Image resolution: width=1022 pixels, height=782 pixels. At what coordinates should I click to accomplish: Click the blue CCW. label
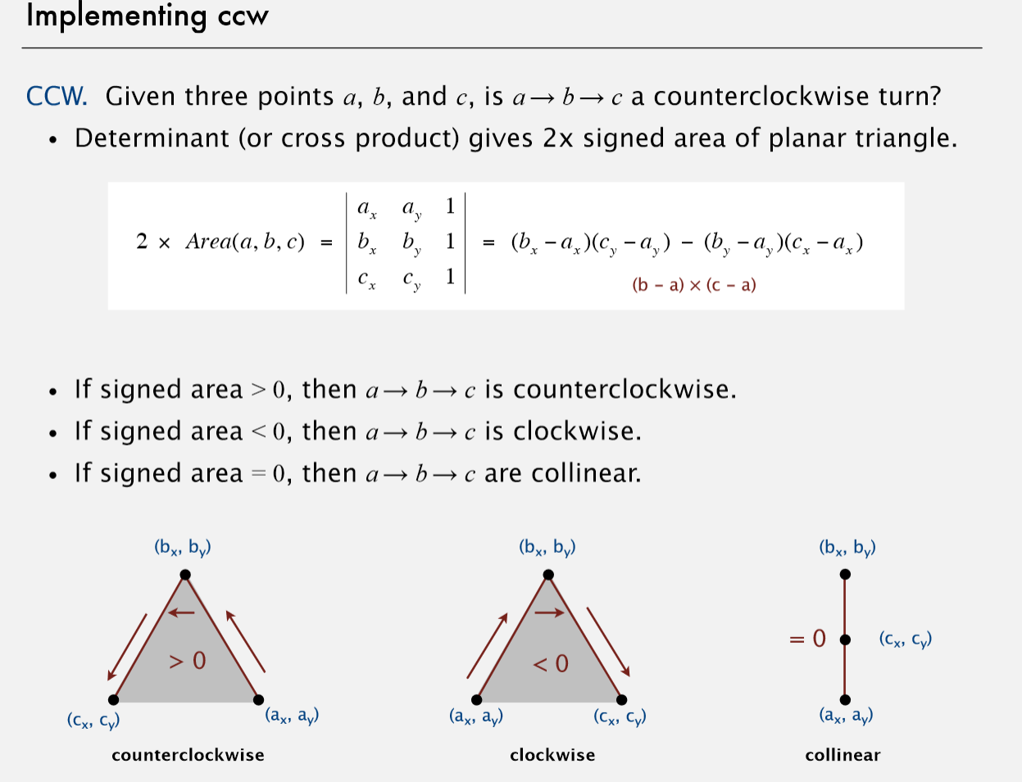click(57, 97)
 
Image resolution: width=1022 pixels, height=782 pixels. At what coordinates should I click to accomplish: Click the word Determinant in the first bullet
click(152, 138)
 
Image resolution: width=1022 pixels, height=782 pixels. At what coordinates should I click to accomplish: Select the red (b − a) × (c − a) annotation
click(694, 285)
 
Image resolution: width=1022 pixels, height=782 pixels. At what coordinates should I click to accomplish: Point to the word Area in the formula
click(208, 242)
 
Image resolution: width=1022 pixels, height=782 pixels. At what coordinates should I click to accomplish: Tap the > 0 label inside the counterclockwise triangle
click(187, 661)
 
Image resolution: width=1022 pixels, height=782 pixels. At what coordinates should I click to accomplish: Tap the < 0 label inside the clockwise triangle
click(550, 663)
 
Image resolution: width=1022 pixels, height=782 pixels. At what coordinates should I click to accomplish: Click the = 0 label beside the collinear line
click(807, 639)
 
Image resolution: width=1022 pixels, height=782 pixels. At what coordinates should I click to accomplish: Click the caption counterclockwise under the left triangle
click(188, 755)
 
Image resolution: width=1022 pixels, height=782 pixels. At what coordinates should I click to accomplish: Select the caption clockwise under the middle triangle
click(552, 755)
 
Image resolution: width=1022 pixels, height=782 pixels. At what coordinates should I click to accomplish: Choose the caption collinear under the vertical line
click(843, 755)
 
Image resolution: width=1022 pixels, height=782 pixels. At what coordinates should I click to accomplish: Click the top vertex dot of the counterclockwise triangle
click(185, 574)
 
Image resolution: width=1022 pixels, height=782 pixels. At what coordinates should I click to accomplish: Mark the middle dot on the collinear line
click(845, 640)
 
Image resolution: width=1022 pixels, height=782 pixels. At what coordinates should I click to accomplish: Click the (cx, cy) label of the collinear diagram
click(906, 640)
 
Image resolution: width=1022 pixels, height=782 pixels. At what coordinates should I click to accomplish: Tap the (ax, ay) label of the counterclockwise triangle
click(292, 716)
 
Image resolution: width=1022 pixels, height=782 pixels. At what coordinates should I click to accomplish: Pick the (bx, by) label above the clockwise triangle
click(547, 548)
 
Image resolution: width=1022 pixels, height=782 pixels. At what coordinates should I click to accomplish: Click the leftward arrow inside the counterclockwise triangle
click(181, 612)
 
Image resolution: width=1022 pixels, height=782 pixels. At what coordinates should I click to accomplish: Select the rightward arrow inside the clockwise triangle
click(549, 612)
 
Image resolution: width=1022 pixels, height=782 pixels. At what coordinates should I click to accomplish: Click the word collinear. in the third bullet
click(586, 473)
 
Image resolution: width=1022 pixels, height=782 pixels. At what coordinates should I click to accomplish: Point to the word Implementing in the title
click(116, 16)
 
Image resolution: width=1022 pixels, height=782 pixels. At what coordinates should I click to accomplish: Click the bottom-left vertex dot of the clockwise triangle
click(476, 700)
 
